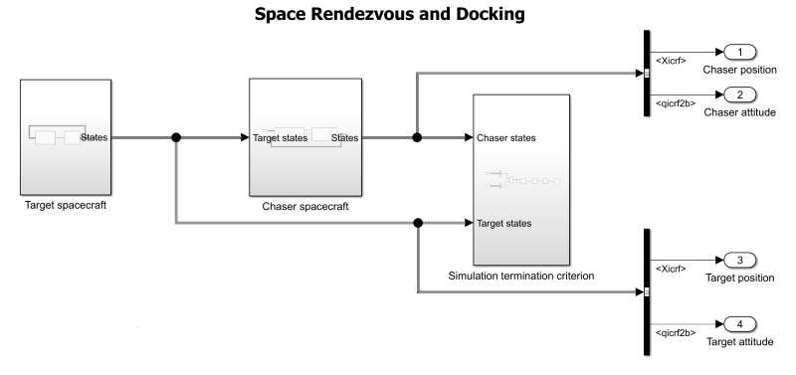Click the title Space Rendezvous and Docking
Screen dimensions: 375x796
(x=397, y=17)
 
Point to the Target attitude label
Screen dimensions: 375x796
(x=739, y=342)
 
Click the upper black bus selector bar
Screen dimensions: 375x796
(x=647, y=73)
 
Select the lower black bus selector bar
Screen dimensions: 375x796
(x=647, y=292)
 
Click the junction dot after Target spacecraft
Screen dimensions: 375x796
(x=177, y=137)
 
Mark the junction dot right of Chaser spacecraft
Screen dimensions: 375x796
(x=417, y=137)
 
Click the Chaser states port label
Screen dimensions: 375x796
(x=508, y=137)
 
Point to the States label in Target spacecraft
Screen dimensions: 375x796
(x=95, y=137)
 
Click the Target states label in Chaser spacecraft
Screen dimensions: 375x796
(x=281, y=138)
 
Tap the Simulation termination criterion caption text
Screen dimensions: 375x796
(x=520, y=276)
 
